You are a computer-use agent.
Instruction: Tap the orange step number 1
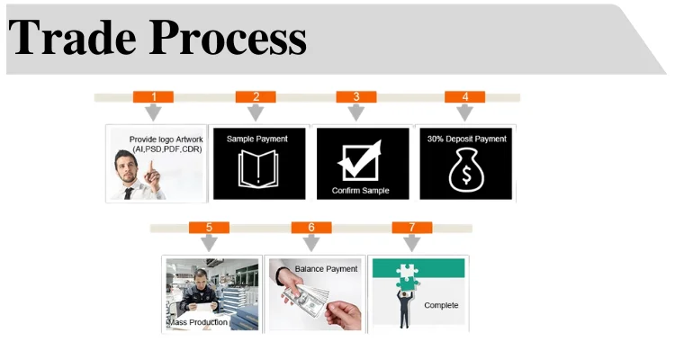coord(154,96)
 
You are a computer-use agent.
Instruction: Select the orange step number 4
coord(464,96)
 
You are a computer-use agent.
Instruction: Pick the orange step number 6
coord(311,227)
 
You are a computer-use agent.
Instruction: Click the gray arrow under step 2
coord(256,112)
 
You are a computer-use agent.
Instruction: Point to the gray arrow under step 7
coord(412,242)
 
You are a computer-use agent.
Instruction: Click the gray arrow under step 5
coord(209,242)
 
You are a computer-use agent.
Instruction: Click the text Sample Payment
coord(257,139)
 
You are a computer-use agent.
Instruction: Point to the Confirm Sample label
coord(360,191)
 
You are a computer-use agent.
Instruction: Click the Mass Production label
coord(197,321)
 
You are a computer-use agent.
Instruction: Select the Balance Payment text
coord(326,268)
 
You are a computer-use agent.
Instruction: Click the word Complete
coord(441,305)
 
